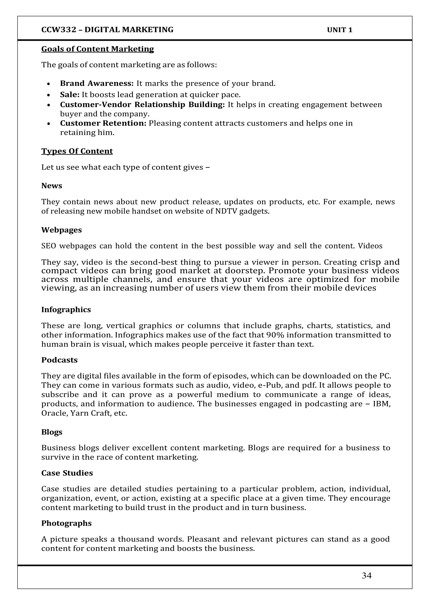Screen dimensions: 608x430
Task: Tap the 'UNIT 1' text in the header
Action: click(x=340, y=30)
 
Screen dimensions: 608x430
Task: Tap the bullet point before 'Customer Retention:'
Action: click(x=49, y=124)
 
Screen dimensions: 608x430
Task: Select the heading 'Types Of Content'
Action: click(x=77, y=151)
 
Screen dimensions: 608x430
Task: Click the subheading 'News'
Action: click(x=52, y=186)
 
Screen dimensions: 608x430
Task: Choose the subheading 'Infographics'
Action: click(x=66, y=310)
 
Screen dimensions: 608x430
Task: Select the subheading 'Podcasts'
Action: click(x=59, y=360)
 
